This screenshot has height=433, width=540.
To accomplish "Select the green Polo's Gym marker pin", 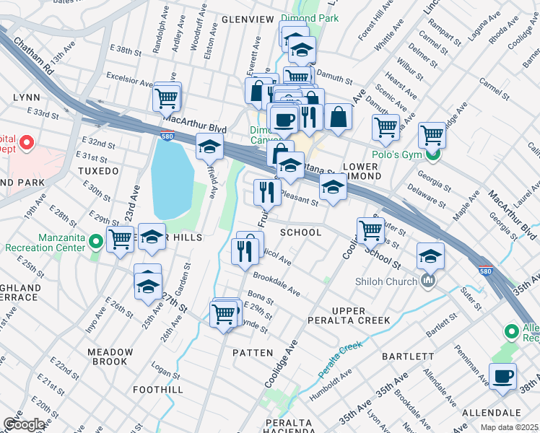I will (433, 154).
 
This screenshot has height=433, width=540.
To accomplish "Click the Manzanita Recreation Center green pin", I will (95, 241).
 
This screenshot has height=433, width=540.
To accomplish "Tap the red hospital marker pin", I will (27, 143).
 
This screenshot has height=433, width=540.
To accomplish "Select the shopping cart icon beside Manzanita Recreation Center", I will (120, 240).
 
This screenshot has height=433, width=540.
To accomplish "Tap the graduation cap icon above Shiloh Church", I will (430, 256).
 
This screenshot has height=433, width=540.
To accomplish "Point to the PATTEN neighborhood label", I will (253, 353).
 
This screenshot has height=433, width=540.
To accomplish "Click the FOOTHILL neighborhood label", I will (158, 390).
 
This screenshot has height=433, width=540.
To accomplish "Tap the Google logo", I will (25, 425).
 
